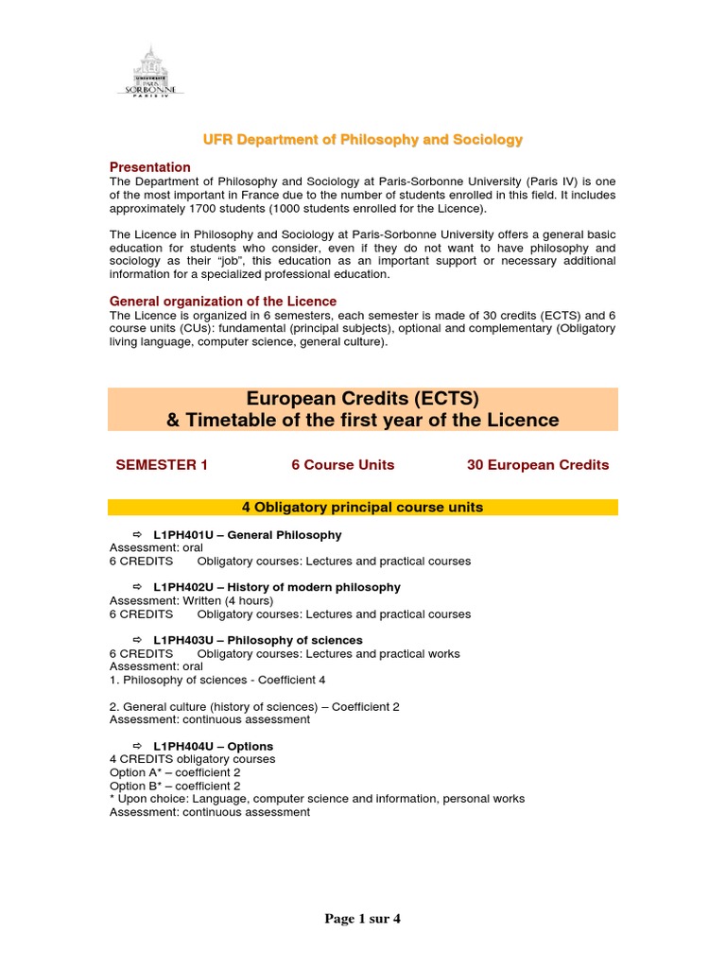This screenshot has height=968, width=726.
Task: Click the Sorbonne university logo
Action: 150,70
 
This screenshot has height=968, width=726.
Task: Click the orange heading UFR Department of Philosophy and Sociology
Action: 363,139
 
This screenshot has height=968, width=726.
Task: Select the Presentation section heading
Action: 150,167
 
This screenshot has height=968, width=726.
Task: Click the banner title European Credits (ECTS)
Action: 363,397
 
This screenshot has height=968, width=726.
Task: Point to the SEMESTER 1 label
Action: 162,465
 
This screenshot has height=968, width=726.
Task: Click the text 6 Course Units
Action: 343,465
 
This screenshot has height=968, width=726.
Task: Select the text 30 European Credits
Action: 538,465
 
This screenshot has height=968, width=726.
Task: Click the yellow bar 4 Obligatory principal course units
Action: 363,508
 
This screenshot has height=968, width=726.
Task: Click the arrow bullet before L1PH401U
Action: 135,535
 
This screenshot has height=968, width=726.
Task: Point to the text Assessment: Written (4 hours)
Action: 191,601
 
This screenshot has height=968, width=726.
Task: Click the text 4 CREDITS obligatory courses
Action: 193,759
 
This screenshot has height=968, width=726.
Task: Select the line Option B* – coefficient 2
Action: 175,786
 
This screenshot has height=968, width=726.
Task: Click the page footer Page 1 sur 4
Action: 363,919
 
